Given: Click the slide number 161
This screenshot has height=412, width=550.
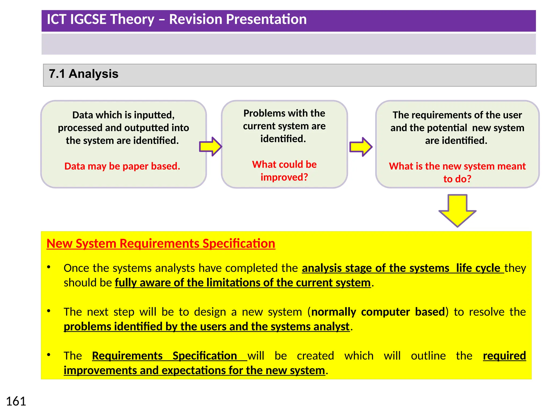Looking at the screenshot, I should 16,401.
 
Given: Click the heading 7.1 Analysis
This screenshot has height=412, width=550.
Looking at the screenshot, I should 84,74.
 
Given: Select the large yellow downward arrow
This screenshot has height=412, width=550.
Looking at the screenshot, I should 457,211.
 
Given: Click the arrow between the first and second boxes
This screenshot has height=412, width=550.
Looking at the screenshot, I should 211,146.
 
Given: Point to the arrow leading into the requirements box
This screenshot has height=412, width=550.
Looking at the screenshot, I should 361,147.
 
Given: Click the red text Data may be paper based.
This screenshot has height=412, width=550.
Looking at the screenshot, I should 122,166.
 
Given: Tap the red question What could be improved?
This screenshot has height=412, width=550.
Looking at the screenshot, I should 284,171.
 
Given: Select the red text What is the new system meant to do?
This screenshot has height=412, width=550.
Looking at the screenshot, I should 457,172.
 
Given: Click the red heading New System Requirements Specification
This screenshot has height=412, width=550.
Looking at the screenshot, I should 161,244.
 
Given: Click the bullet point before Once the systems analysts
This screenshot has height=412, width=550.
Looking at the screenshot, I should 49,267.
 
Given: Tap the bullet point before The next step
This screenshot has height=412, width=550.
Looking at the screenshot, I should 49,311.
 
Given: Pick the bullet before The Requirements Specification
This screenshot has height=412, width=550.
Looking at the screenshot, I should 49,355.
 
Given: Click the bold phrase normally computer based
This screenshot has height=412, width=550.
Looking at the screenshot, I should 378,312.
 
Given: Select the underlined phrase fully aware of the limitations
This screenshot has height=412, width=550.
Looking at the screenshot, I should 243,283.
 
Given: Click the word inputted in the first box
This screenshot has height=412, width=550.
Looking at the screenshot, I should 154,115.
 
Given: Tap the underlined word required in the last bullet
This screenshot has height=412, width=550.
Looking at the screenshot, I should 504,356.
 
